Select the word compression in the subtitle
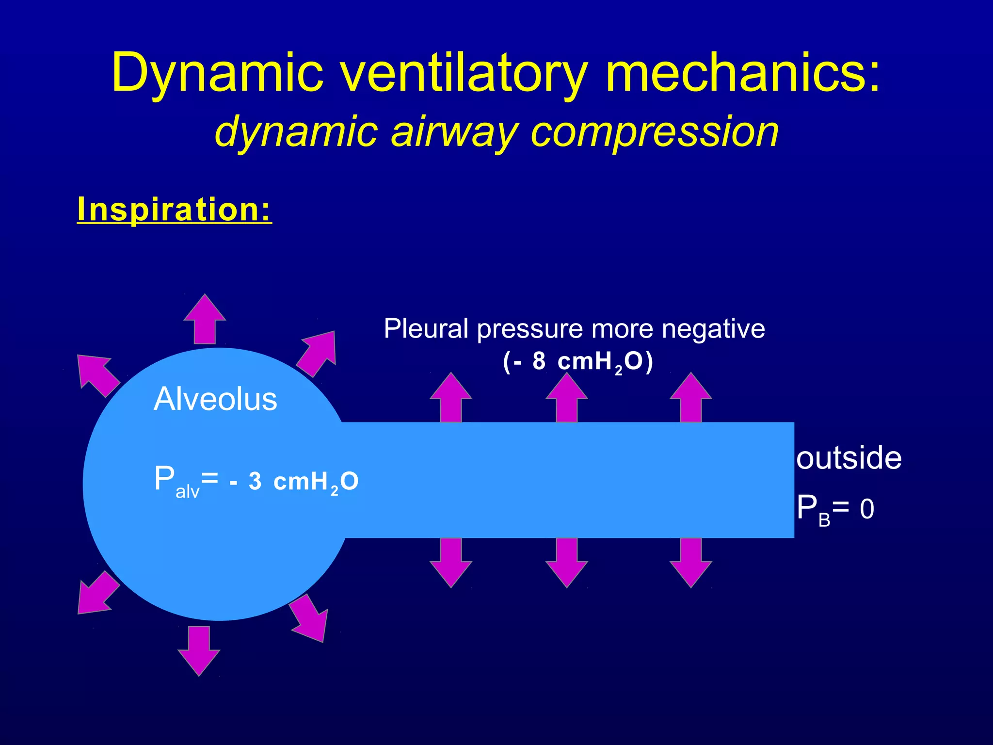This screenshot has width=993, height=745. (x=655, y=132)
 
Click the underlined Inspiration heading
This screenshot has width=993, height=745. (x=175, y=210)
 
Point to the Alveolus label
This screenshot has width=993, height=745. (x=215, y=399)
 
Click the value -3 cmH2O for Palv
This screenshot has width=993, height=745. (x=294, y=482)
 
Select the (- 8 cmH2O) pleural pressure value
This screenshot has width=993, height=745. (x=578, y=362)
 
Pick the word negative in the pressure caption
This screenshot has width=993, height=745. (x=713, y=329)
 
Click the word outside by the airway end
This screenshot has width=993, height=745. (x=849, y=458)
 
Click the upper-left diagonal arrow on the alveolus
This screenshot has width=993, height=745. (x=97, y=374)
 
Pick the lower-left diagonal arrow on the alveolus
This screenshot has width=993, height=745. (x=97, y=594)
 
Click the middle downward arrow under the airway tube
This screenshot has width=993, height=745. (x=566, y=563)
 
